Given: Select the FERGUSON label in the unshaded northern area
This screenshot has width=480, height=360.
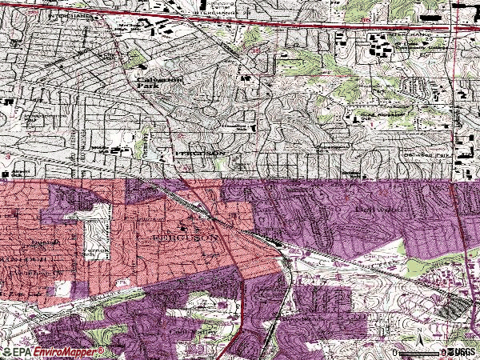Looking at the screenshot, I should (x=195, y=151).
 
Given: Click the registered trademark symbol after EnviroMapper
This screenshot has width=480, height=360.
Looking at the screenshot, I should (x=100, y=350).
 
